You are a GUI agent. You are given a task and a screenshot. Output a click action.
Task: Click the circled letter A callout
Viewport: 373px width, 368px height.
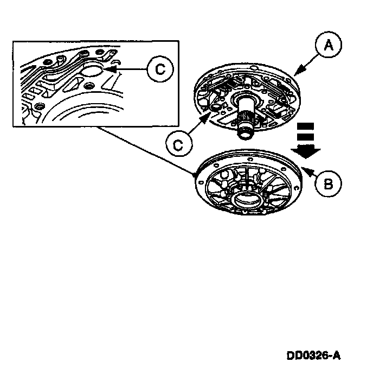click(x=327, y=47)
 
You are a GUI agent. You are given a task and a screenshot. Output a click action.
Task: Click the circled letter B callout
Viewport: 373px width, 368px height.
click(x=327, y=185)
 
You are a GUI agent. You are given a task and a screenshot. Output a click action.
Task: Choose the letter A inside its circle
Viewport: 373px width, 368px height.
click(x=327, y=47)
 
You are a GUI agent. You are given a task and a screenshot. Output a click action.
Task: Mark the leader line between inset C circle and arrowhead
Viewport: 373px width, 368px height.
click(x=131, y=69)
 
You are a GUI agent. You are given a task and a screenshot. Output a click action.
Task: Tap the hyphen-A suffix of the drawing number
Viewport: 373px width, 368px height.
click(x=335, y=356)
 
